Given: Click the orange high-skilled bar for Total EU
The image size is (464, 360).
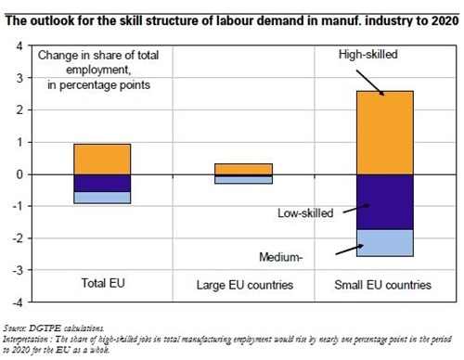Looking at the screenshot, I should (102, 159).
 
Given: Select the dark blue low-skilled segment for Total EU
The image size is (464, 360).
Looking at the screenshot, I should (102, 183).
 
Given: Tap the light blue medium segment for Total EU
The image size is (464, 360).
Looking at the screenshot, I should (102, 197).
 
